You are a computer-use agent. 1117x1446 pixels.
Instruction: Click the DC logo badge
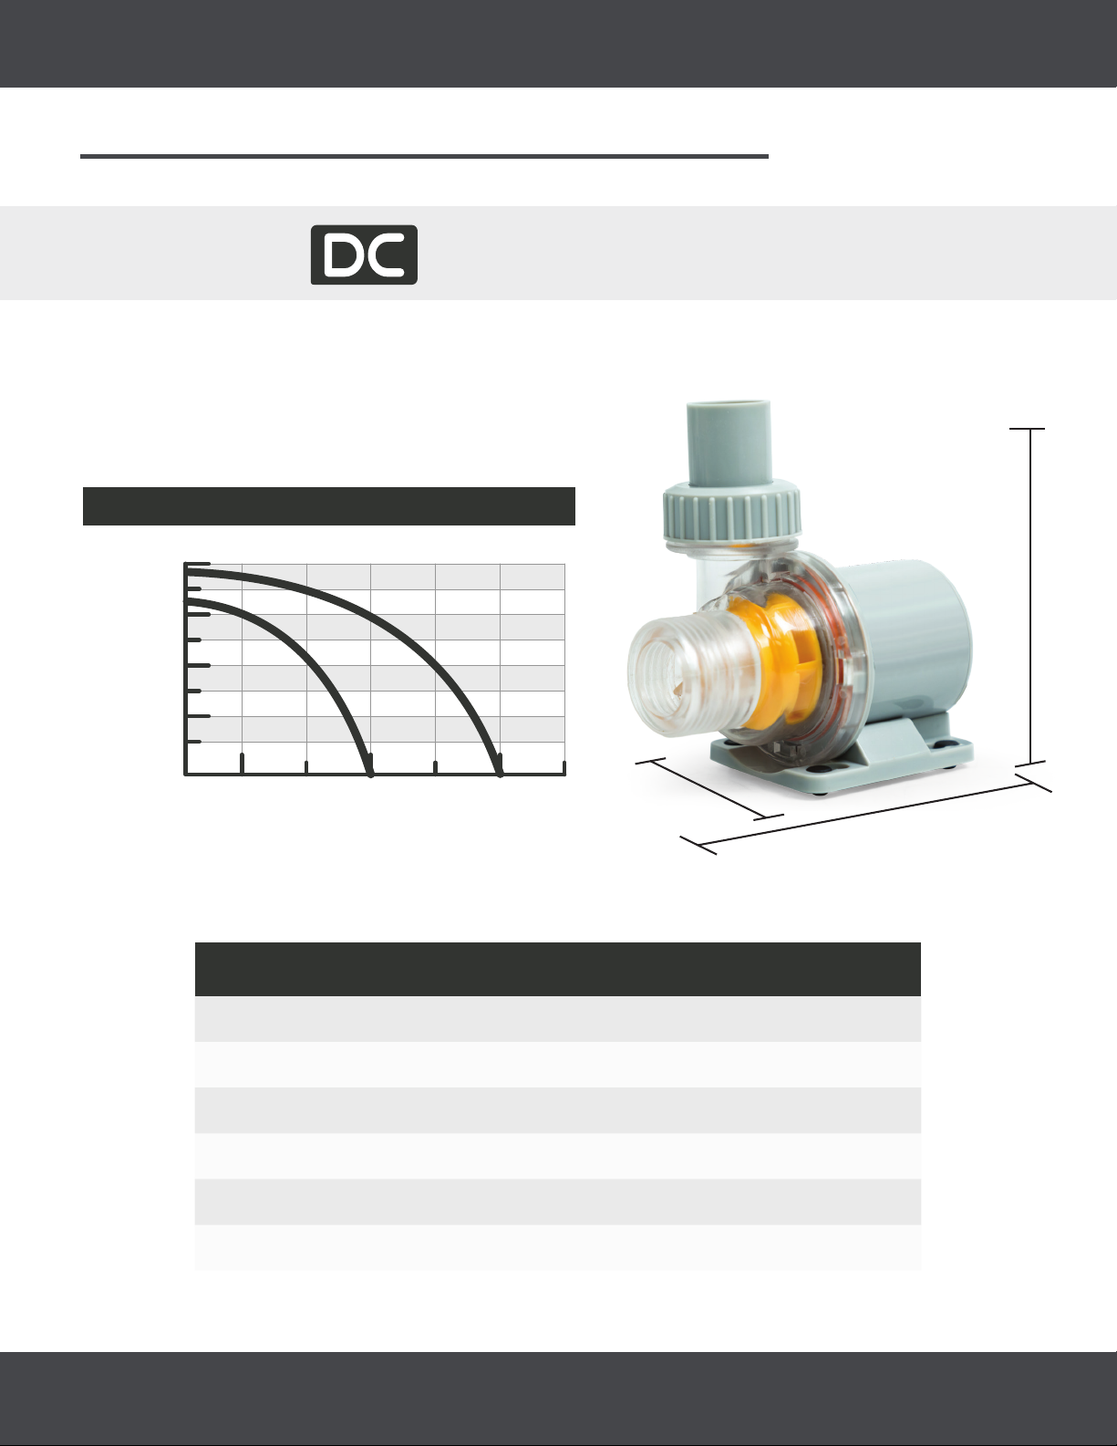(364, 255)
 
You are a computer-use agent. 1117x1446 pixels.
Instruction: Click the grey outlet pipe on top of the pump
(729, 443)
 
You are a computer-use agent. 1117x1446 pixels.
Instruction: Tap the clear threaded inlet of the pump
(678, 675)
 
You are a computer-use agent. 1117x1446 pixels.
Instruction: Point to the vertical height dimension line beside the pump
(1030, 597)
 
